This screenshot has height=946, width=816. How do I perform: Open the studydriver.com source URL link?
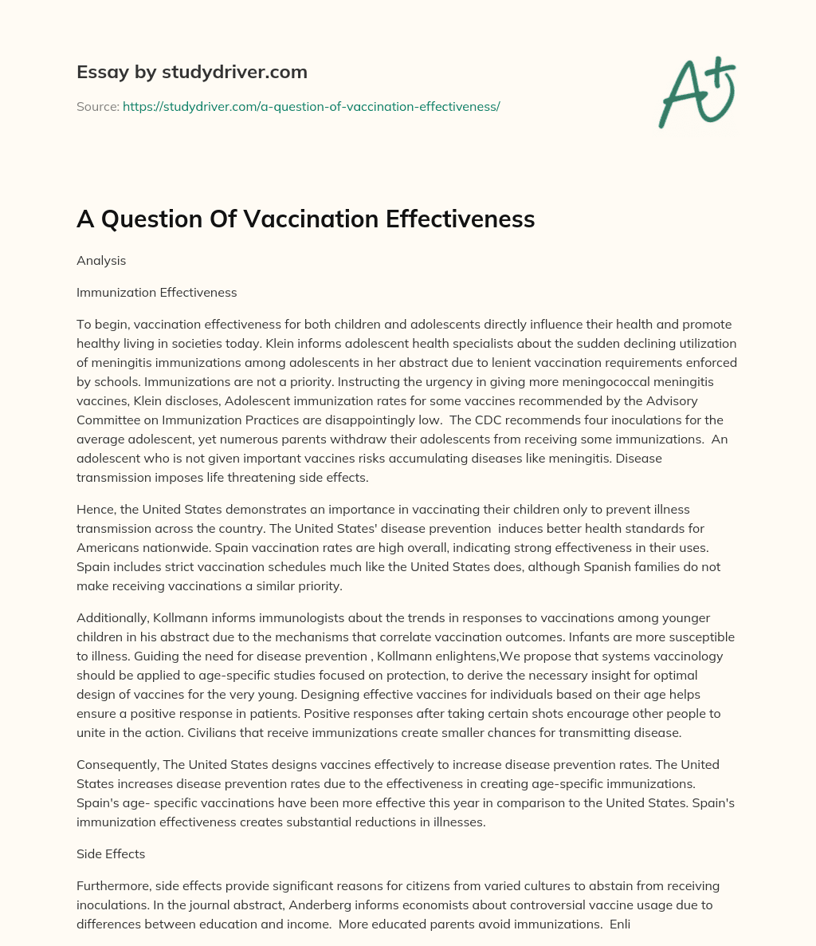point(311,106)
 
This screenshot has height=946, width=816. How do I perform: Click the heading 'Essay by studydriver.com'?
point(192,72)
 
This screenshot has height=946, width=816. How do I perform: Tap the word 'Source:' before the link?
point(97,106)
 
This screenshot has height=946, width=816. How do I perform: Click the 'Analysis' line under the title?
point(101,260)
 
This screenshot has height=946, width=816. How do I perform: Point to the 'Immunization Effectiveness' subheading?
point(156,292)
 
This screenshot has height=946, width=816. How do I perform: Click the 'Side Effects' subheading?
point(111,853)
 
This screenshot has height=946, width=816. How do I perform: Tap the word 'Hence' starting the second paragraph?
point(94,509)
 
